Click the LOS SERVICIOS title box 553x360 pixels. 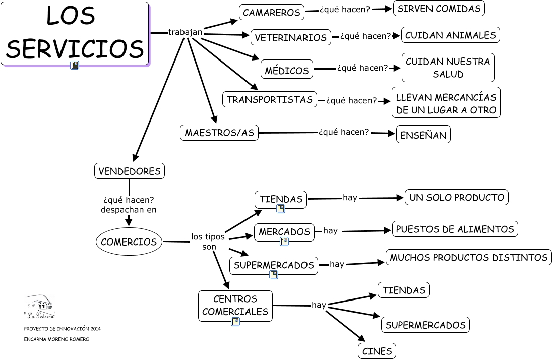coord(75,33)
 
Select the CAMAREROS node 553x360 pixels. coord(271,13)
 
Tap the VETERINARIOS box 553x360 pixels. coord(290,38)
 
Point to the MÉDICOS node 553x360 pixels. coord(287,70)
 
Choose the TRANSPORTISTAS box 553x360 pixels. coord(270,99)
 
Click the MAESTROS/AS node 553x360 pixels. coord(219,133)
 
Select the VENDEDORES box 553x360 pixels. coord(130,171)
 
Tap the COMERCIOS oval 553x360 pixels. coord(129,242)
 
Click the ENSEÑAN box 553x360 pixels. coord(423,135)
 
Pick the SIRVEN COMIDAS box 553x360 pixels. coord(440,9)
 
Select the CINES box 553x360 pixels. coord(377,351)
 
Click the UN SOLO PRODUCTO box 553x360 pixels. coord(456,197)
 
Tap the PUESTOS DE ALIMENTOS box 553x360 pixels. coord(455,229)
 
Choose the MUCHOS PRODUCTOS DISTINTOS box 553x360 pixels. coord(468,257)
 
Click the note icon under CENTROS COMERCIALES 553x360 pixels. coord(235,322)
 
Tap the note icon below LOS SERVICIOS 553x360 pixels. coord(75,65)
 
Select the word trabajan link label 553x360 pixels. coord(185,32)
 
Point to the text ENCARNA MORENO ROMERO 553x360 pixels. coord(56,339)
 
